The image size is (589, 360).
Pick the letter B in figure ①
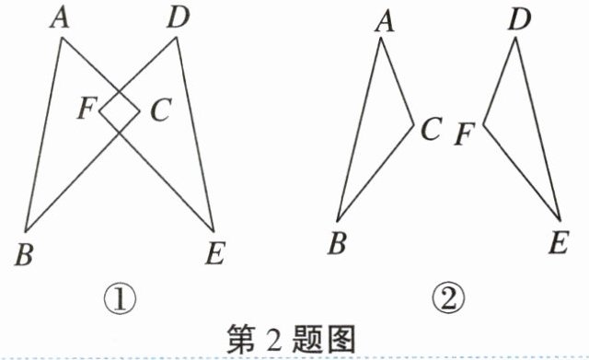click(x=25, y=253)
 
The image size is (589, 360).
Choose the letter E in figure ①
click(x=214, y=255)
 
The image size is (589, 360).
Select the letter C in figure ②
click(x=431, y=131)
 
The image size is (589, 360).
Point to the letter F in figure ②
click(x=466, y=136)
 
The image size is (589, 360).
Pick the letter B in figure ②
click(x=337, y=244)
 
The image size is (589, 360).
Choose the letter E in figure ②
click(x=557, y=244)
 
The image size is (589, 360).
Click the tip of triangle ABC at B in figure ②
click(x=339, y=219)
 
